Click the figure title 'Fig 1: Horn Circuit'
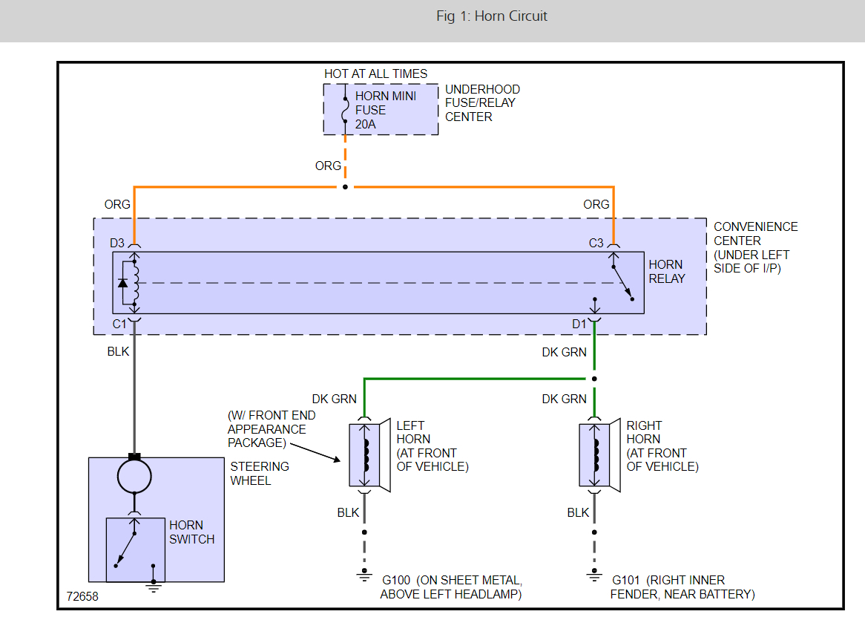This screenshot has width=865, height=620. coord(492,16)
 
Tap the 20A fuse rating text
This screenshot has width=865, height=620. coord(366,124)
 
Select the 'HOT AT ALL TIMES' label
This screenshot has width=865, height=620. coord(375,74)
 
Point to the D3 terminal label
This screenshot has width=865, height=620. coord(117,243)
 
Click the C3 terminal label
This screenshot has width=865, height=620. coord(596,243)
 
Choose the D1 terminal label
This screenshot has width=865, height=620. coord(579,323)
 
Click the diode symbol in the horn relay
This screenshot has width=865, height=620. coord(123,283)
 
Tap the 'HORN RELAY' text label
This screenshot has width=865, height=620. coord(666,272)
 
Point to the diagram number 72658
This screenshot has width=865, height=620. coord(82,596)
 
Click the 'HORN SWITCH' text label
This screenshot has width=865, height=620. coord(191,532)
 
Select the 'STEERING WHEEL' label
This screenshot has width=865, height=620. coord(260,473)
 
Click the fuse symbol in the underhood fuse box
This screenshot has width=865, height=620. coord(345,108)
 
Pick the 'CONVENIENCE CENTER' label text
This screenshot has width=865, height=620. coord(756,234)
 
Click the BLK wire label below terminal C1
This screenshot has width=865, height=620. coord(118,351)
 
